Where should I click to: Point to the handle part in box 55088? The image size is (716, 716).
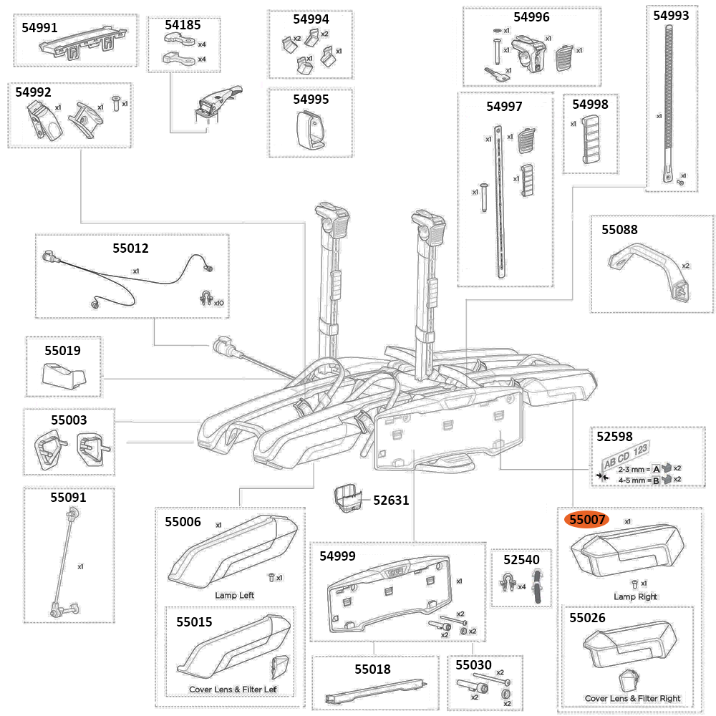pos(648,268)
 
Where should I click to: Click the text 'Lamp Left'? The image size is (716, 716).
pos(234,595)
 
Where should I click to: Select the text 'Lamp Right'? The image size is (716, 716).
pos(635,596)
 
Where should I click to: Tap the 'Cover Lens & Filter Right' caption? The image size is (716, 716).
pos(632,698)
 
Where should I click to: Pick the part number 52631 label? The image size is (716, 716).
pos(390,500)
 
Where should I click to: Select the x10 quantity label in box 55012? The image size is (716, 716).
pos(218,303)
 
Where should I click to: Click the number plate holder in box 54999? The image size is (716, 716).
pos(390,599)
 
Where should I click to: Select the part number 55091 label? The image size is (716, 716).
pos(69,496)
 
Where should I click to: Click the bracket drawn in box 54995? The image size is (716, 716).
pos(310,131)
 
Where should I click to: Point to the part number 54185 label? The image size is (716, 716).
pos(183,24)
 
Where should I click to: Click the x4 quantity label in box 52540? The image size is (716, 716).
pos(521,586)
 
